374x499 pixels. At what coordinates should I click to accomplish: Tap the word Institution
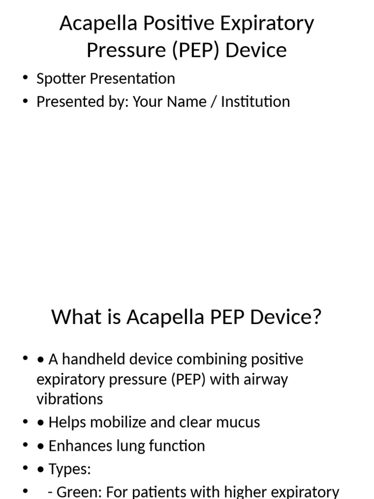(x=255, y=102)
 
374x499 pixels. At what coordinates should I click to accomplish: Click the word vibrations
(x=70, y=399)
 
